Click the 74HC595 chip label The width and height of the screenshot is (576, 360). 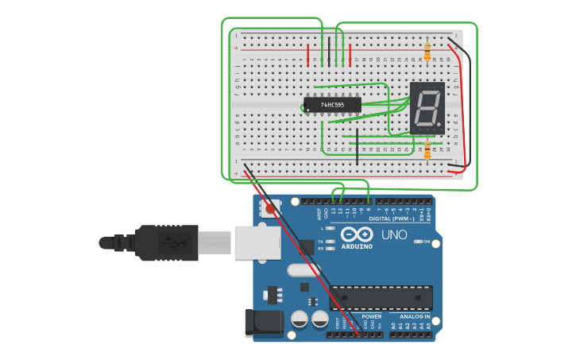tap(332, 105)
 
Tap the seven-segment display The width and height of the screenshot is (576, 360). tap(427, 107)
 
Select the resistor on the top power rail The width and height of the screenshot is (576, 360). tap(427, 52)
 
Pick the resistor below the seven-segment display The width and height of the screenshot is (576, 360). tap(427, 149)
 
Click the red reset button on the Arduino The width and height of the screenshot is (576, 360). tap(270, 209)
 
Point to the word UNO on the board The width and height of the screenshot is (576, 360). tap(394, 235)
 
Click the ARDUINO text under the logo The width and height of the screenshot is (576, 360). tap(357, 246)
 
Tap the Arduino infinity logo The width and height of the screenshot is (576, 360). tap(357, 234)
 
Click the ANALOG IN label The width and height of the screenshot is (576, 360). tap(415, 316)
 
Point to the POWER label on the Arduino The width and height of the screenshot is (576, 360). tap(371, 316)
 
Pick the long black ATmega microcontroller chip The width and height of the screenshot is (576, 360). tap(381, 298)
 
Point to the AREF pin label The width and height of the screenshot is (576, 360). tap(319, 214)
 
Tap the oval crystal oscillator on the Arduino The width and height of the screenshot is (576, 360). tap(301, 270)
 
